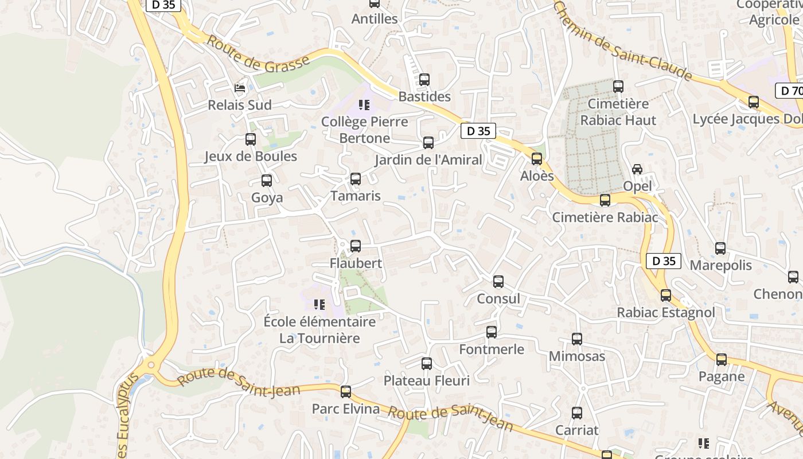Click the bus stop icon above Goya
point(267,181)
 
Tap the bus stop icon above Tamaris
point(356,179)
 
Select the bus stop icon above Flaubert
point(356,246)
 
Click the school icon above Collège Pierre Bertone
point(364,105)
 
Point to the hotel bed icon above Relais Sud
point(240,88)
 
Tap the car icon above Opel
point(637,169)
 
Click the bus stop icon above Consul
point(498,282)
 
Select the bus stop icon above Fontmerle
point(492,332)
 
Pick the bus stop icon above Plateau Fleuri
point(427,364)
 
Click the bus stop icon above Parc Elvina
point(346,392)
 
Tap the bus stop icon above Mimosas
point(577,339)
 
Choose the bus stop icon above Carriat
point(577,413)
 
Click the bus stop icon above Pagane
point(722,360)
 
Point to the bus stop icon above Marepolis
point(720,248)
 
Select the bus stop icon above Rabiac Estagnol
point(666,295)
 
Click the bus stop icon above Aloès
point(537,159)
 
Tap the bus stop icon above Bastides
point(424,80)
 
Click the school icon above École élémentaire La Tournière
point(319,305)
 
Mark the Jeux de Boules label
point(251,157)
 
